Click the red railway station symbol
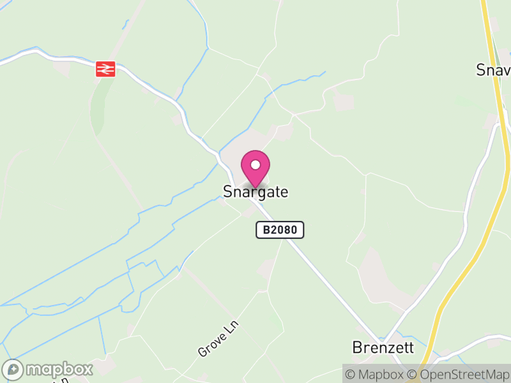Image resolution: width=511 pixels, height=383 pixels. tap(105, 68)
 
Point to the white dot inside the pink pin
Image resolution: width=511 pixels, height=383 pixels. tap(256, 165)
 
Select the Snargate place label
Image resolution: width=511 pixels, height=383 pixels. tap(256, 191)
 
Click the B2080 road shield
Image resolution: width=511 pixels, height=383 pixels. tap(280, 230)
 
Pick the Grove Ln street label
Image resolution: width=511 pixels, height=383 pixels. tap(217, 339)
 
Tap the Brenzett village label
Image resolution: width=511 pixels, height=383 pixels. tap(383, 348)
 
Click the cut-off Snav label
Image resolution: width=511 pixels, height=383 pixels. tap(493, 70)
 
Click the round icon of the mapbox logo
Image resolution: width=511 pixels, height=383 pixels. tap(13, 370)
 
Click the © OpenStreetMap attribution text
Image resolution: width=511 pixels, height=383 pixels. tap(459, 374)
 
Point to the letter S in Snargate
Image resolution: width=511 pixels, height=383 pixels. tap(227, 191)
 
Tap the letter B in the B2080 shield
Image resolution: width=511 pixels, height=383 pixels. tap(265, 230)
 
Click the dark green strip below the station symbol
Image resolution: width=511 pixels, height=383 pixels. tap(96, 105)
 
